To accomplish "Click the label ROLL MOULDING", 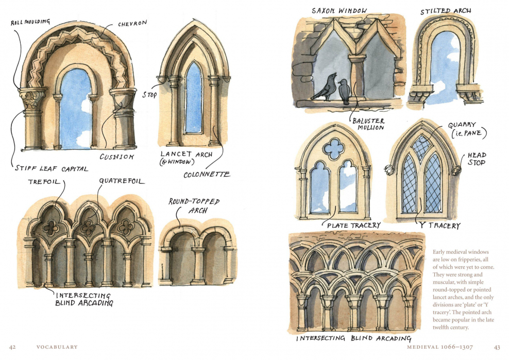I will point(30,22).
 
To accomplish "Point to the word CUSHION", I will point(116,157).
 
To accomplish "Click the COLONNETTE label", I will point(207,175).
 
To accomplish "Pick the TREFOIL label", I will point(43,181).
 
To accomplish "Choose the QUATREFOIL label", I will point(122,181).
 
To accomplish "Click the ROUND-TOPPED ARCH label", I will point(194,205).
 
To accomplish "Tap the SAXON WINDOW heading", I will point(339,11).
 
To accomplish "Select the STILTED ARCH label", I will point(446,10).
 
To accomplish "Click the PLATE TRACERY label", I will point(353,225).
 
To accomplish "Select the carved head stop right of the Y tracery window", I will point(455,170).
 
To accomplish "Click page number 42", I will point(13,347).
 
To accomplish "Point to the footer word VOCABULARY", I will point(57,347).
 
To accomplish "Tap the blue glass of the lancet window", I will point(193,98).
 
